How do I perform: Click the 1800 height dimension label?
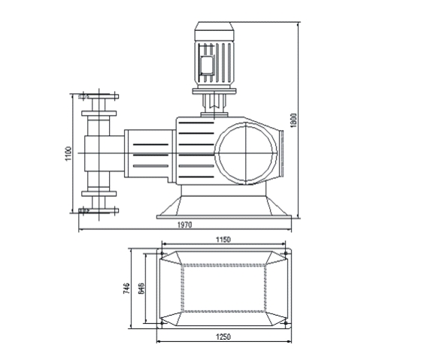tap(293, 120)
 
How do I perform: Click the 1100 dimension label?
tap(68, 153)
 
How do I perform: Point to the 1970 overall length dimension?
tap(184, 225)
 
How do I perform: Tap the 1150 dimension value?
tap(223, 240)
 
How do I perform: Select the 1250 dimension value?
tap(223, 337)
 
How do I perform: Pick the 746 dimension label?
tap(127, 288)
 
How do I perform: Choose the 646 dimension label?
tap(141, 288)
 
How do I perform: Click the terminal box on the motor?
tap(207, 64)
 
